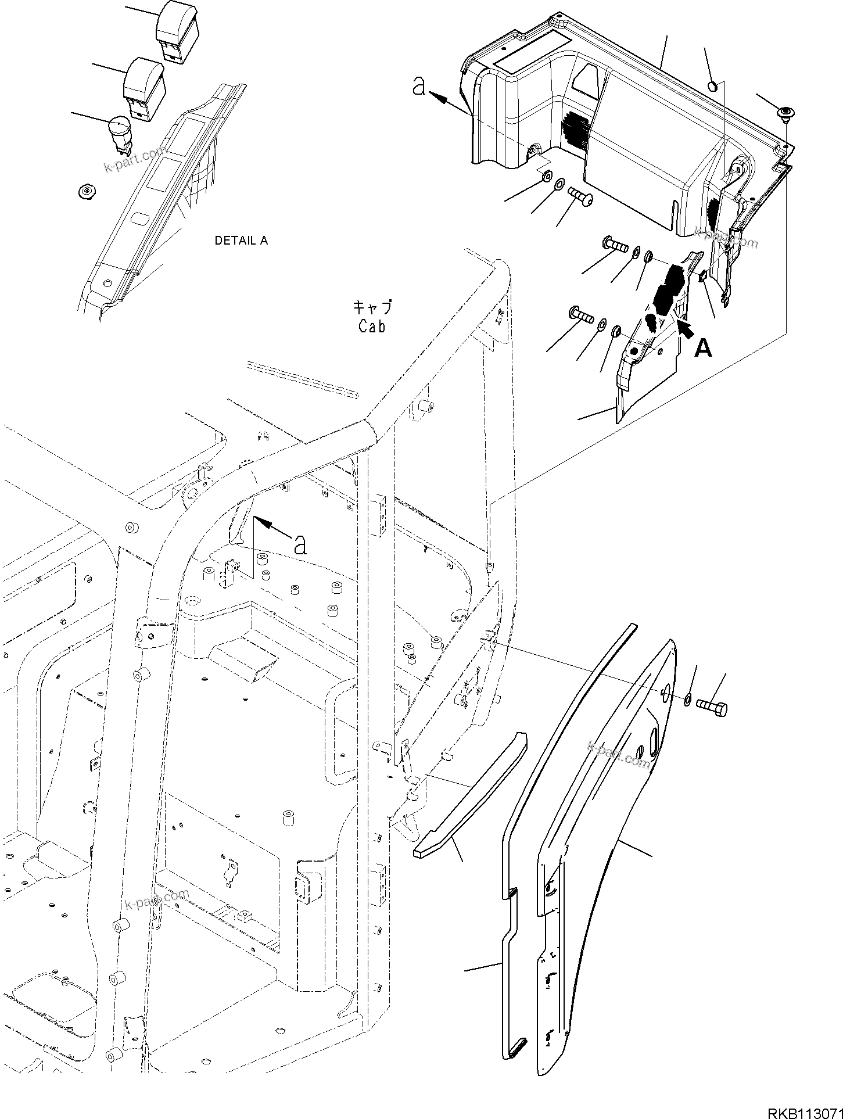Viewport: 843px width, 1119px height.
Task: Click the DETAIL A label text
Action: (241, 241)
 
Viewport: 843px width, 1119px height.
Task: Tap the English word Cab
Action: (372, 327)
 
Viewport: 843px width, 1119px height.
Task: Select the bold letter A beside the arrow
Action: (703, 348)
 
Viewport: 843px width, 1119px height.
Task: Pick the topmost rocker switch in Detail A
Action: (177, 29)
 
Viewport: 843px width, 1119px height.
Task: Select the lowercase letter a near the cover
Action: (419, 87)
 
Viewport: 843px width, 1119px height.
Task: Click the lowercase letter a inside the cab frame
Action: (300, 544)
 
